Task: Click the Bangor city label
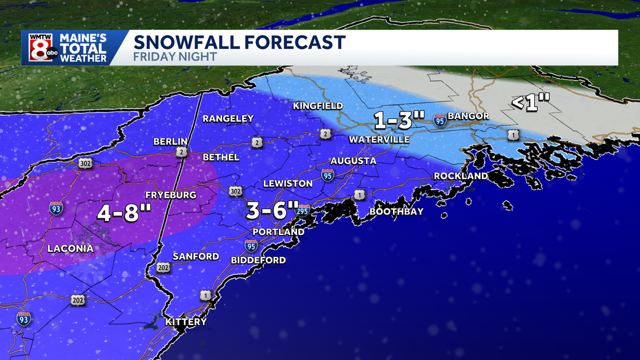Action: click(468, 116)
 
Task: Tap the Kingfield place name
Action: click(318, 106)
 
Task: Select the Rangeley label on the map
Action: click(228, 118)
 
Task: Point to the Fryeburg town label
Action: click(171, 195)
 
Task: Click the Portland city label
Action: click(278, 232)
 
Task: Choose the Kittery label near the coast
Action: click(186, 322)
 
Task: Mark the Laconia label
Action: click(70, 249)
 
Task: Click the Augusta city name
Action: click(353, 161)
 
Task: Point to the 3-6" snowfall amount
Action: click(271, 209)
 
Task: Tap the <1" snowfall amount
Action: click(530, 103)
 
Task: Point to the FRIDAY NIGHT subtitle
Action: click(175, 57)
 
